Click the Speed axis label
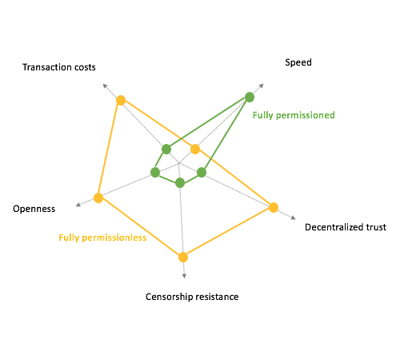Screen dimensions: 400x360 [x=298, y=62]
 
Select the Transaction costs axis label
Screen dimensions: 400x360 [x=59, y=67]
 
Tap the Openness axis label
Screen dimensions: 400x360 [x=34, y=209]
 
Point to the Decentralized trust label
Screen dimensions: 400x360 [x=346, y=227]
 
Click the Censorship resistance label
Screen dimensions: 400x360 [x=192, y=297]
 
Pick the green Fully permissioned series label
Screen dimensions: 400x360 [x=294, y=115]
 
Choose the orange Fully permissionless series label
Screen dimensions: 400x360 [x=102, y=238]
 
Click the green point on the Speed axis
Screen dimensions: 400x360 [x=250, y=97]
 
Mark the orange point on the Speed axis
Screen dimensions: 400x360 [x=195, y=149]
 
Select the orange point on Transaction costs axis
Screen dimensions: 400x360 [x=121, y=101]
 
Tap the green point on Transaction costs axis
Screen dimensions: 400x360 [x=166, y=149]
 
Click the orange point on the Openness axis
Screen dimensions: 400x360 [x=98, y=198]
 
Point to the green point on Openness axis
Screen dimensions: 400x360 [x=155, y=172]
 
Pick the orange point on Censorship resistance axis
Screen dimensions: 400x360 [x=183, y=258]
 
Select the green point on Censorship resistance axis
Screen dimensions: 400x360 [x=180, y=182]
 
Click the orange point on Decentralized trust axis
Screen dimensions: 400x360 [x=274, y=207]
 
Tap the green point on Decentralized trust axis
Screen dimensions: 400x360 [x=202, y=173]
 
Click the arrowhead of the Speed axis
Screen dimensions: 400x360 [x=262, y=86]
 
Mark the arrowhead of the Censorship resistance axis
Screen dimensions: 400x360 [x=184, y=276]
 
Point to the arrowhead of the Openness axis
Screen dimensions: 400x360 [x=78, y=205]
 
